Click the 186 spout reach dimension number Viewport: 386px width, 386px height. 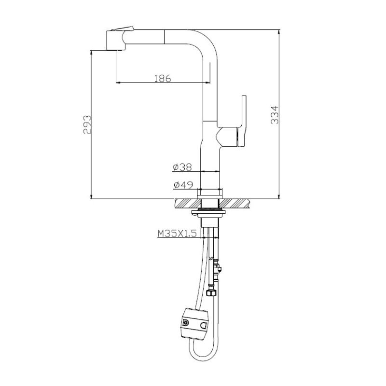click(162, 78)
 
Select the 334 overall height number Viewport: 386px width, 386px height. click(274, 115)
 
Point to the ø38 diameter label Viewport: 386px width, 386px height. click(182, 167)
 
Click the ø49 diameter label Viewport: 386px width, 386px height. click(182, 184)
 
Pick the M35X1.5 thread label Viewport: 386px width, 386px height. click(177, 234)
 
